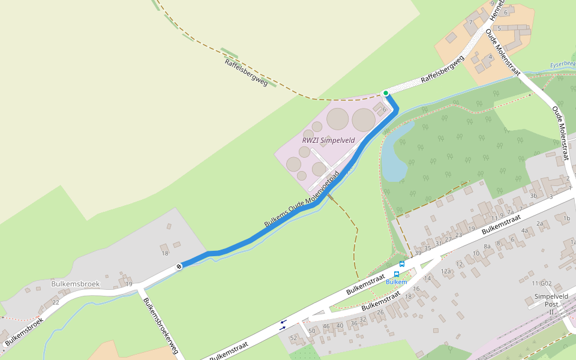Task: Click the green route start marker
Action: (x=385, y=93)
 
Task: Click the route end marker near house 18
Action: (x=179, y=266)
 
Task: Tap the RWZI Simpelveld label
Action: (x=328, y=140)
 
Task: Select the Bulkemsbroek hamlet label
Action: (x=75, y=283)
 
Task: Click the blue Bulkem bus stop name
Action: (x=396, y=282)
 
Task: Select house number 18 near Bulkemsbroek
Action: (x=165, y=254)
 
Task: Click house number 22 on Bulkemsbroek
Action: (x=56, y=302)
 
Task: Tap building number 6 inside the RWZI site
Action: (x=384, y=109)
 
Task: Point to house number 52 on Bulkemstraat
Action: (x=293, y=338)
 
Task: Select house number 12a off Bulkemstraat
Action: (x=446, y=271)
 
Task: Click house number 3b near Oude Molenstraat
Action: (x=533, y=196)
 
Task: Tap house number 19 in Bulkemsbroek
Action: (x=129, y=284)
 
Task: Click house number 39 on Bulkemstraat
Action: (x=418, y=253)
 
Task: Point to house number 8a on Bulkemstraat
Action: (x=487, y=246)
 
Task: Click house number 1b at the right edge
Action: (x=566, y=218)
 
